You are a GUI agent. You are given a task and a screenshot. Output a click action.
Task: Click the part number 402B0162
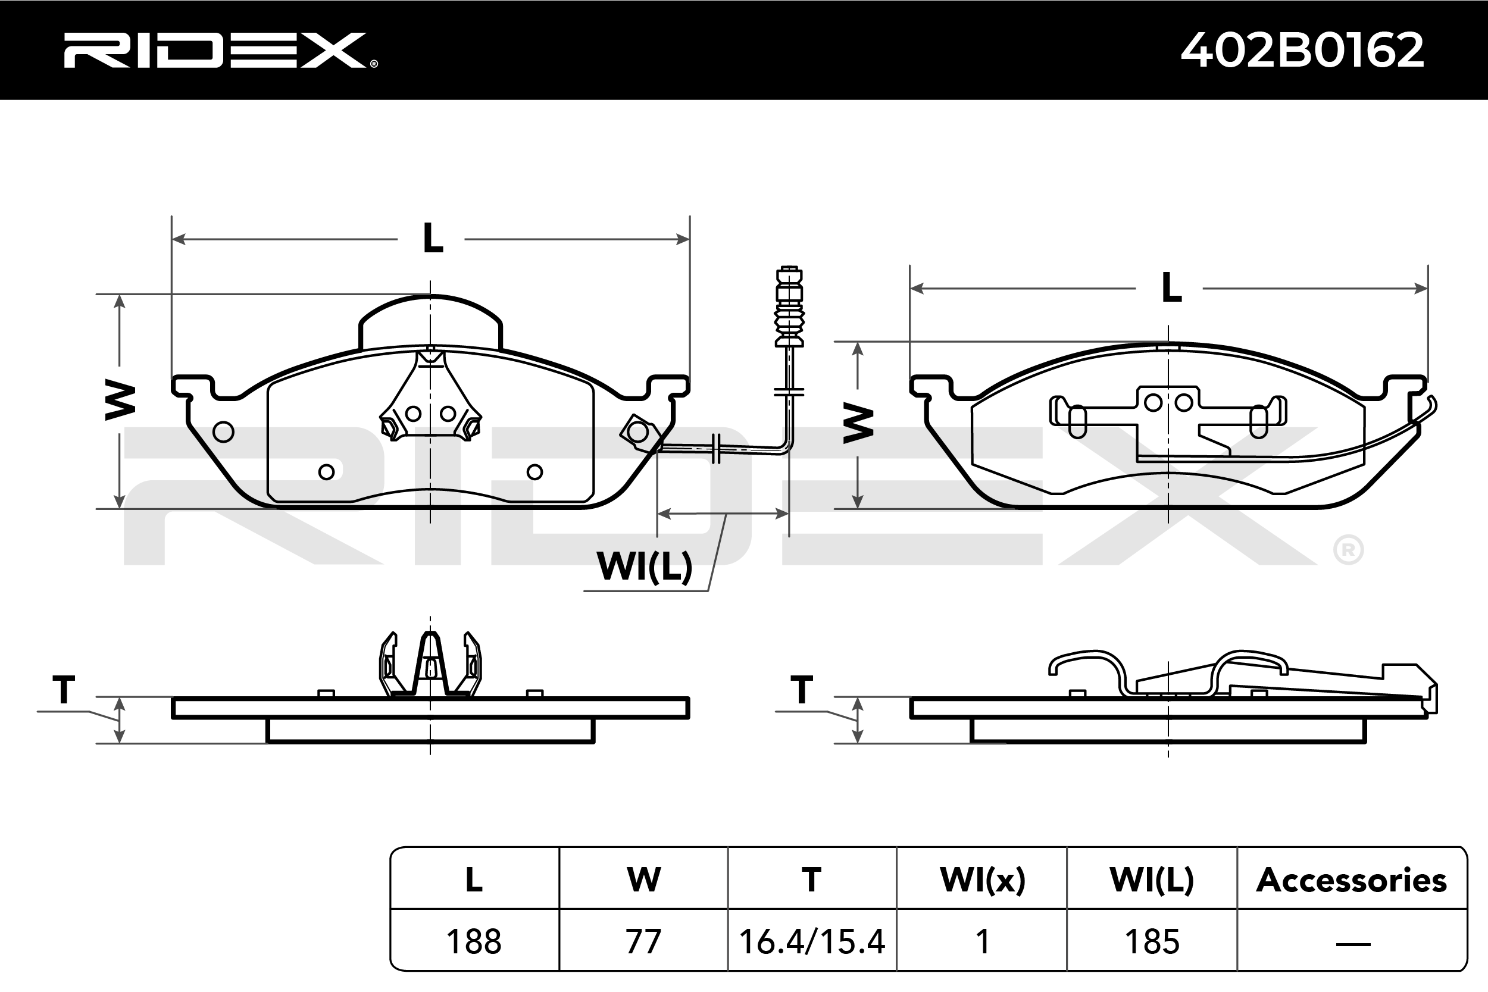coord(1302,51)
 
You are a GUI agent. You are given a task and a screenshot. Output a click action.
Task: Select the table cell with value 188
coord(474,941)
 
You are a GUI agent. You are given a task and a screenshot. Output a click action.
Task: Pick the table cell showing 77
coord(643,941)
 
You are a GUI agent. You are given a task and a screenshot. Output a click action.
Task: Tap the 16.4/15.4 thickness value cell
coord(812,941)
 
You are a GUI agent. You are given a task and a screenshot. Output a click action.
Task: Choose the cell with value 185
coord(1152,941)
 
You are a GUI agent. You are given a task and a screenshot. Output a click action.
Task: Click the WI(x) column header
coord(982,880)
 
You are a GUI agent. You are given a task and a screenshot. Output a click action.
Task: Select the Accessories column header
coord(1351,880)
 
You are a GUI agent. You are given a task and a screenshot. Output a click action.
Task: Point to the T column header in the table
coord(812,880)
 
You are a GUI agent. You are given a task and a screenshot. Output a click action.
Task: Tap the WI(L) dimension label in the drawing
coord(644,567)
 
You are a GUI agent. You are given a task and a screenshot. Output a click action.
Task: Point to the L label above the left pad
coord(433,239)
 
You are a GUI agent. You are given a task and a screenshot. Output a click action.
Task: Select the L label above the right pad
coord(1171,289)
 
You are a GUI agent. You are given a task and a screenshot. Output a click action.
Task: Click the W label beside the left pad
coord(120,400)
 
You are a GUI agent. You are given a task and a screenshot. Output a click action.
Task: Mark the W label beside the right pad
coord(858,424)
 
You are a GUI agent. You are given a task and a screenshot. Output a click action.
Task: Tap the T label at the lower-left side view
coord(64,690)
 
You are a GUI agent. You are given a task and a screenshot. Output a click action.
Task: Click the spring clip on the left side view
coord(430,665)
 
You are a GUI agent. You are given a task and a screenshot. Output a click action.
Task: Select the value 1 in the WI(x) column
coord(982,941)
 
